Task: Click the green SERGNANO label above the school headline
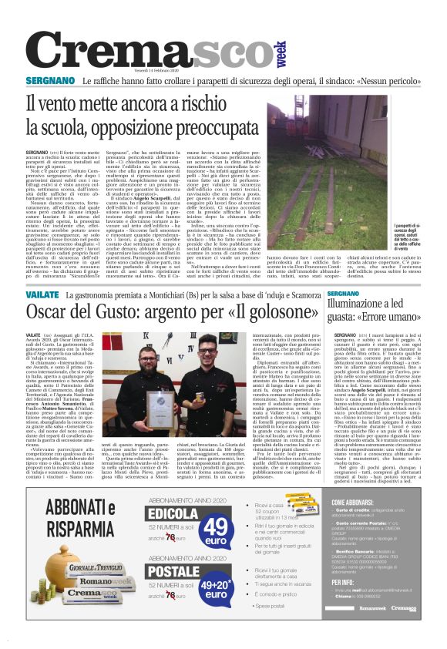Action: click(x=49, y=80)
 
